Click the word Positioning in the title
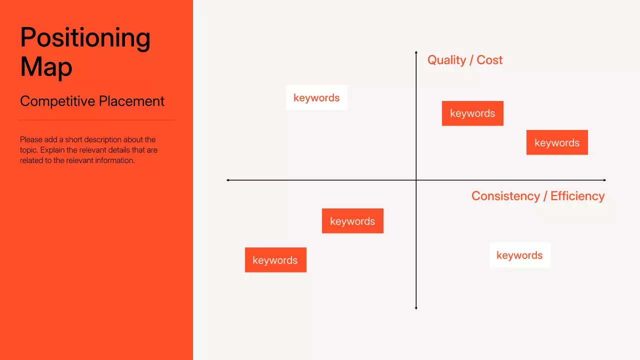(x=85, y=38)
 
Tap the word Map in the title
(x=46, y=66)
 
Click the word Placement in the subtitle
(x=131, y=101)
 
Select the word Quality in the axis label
(x=446, y=60)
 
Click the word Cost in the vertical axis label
(x=489, y=60)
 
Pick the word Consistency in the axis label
(x=505, y=196)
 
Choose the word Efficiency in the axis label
(x=577, y=196)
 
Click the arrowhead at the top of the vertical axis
(x=416, y=52)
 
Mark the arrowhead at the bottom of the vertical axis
(x=416, y=308)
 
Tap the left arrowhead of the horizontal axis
(x=228, y=180)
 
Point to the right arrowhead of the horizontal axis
(x=604, y=180)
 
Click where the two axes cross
(x=416, y=180)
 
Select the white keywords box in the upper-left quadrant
(x=316, y=97)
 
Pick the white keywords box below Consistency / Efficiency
(x=519, y=255)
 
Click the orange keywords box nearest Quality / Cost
(x=472, y=113)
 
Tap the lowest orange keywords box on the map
(x=275, y=260)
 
